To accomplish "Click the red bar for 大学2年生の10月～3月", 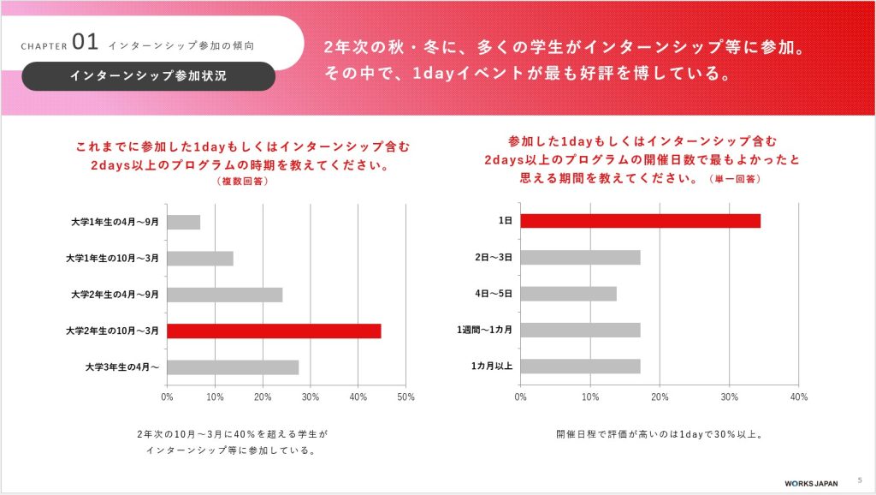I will (x=274, y=331).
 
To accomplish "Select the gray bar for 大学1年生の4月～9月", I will (x=184, y=222).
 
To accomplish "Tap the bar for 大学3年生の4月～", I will (x=233, y=367).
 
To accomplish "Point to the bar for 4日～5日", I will (x=568, y=294).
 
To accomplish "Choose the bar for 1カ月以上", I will (x=580, y=367).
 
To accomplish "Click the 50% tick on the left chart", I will (x=406, y=397).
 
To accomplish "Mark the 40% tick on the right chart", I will (x=798, y=397).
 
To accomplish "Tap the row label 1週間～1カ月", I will (x=484, y=331).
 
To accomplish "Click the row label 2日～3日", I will (x=494, y=258).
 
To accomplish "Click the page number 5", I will (x=860, y=480).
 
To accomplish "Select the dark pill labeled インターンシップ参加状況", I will (x=149, y=76).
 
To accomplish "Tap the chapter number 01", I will (x=86, y=40).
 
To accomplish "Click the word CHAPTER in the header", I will (x=44, y=45).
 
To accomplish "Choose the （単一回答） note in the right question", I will (x=735, y=180).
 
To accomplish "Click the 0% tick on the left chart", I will (x=167, y=397).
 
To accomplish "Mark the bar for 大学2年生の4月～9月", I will (x=225, y=295).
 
